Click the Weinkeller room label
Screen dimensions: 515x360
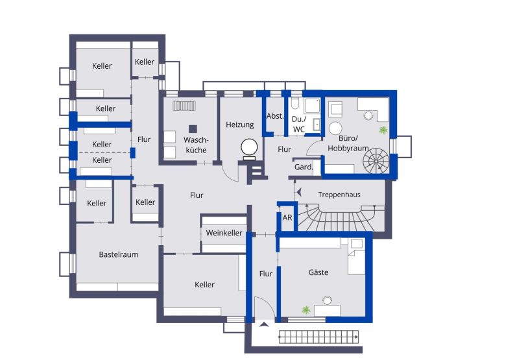pyautogui.click(x=224, y=233)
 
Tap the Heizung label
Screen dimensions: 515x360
pyautogui.click(x=240, y=125)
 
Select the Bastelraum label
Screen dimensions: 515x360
pyautogui.click(x=119, y=254)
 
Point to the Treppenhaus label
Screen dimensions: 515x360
pyautogui.click(x=339, y=195)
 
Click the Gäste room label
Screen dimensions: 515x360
pyautogui.click(x=318, y=272)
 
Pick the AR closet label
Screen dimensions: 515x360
pyautogui.click(x=287, y=217)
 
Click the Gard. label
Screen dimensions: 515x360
pyautogui.click(x=304, y=167)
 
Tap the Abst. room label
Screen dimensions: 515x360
pyautogui.click(x=275, y=116)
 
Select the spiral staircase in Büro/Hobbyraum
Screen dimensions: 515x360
pyautogui.click(x=376, y=161)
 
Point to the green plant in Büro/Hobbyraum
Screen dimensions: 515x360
pyautogui.click(x=383, y=130)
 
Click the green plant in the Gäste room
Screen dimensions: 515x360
pyautogui.click(x=305, y=310)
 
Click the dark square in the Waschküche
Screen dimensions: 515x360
pyautogui.click(x=193, y=129)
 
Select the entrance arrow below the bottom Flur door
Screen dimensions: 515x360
pyautogui.click(x=264, y=325)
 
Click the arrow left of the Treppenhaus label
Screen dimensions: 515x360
pyautogui.click(x=299, y=192)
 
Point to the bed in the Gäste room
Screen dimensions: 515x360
pyautogui.click(x=356, y=256)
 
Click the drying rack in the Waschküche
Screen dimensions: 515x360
pyautogui.click(x=184, y=106)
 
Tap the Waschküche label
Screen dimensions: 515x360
pyautogui.click(x=196, y=145)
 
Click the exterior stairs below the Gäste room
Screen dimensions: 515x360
pyautogui.click(x=318, y=337)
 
